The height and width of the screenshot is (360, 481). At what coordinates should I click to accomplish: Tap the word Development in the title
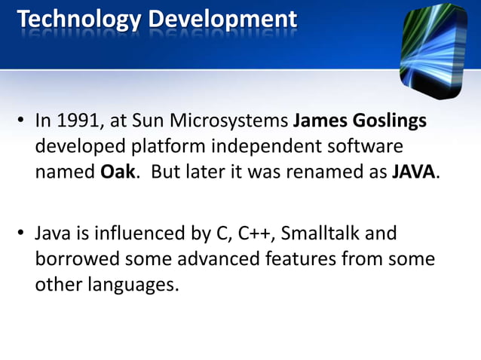(x=222, y=19)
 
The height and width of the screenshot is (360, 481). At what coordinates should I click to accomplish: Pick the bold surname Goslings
(x=390, y=121)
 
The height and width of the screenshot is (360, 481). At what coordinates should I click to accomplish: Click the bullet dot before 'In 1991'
(x=21, y=121)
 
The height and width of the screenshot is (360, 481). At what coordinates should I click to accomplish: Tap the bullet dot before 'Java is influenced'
(x=21, y=234)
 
